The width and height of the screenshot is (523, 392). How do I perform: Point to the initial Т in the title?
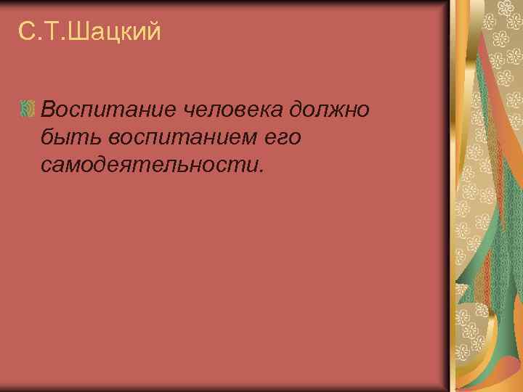coord(55,33)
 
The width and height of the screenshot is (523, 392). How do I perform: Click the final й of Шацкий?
coord(153,33)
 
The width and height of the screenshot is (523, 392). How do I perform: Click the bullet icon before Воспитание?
coord(27,110)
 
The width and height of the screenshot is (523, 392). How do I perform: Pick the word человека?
coord(235,110)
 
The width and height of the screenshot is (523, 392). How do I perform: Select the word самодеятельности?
coord(150,166)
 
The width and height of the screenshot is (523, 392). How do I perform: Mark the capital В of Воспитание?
coord(50,110)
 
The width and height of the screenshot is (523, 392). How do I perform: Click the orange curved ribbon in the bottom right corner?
coord(501,363)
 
